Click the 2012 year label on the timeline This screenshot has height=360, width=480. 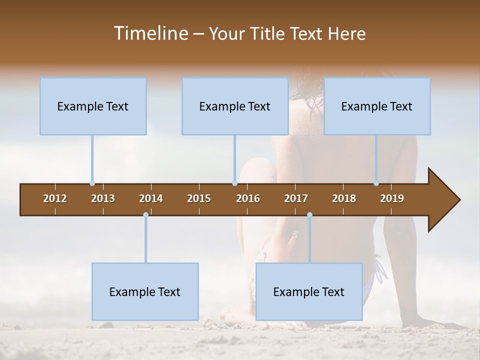[55, 198]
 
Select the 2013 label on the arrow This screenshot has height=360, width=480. [103, 198]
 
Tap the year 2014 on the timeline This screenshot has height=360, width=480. [151, 198]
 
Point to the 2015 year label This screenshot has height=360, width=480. [199, 198]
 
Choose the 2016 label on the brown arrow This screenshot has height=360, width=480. [248, 198]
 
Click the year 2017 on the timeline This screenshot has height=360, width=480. [296, 198]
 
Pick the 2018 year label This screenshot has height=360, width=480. [344, 198]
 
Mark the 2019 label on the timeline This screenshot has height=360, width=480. [392, 198]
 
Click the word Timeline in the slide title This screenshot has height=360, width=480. [150, 33]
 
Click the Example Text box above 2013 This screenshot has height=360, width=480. [93, 106]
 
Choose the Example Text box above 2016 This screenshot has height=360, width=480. [235, 106]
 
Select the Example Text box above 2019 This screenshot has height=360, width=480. [377, 106]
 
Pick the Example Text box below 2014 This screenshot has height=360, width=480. [145, 291]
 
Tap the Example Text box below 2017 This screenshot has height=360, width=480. [309, 291]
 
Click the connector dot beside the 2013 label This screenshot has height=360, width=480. [92, 183]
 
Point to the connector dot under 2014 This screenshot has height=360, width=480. [145, 215]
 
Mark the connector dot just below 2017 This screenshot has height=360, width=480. [309, 215]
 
